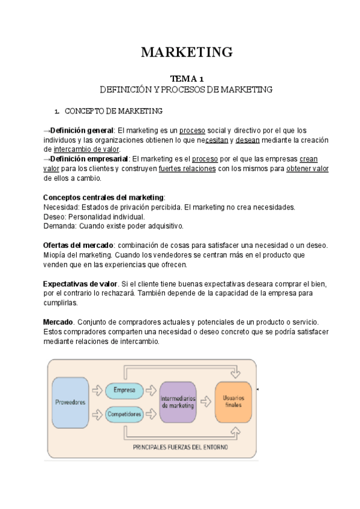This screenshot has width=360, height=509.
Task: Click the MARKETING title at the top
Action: [x=186, y=52]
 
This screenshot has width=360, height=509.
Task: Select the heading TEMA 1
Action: [x=187, y=79]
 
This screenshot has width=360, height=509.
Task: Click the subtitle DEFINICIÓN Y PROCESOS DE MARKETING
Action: [x=186, y=89]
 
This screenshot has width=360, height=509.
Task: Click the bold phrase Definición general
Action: [x=82, y=130]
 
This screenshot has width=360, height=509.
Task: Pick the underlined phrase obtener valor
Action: [x=307, y=169]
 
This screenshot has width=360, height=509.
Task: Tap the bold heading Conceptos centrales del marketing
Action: [x=103, y=197]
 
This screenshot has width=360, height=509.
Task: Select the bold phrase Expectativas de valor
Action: [x=80, y=284]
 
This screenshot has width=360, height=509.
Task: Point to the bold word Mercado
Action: [x=59, y=322]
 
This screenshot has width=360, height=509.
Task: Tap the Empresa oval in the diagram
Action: [x=124, y=390]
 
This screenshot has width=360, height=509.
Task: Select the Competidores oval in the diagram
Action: [x=124, y=414]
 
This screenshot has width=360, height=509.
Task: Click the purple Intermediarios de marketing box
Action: [x=178, y=402]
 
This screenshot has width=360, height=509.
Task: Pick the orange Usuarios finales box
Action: [x=233, y=402]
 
